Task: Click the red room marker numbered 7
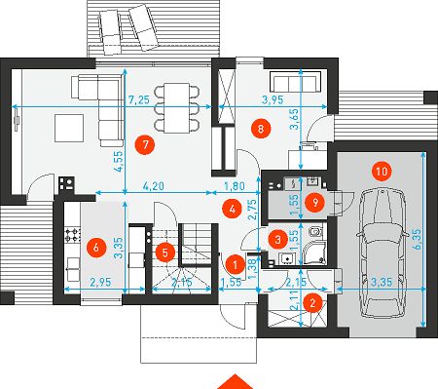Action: click(x=145, y=144)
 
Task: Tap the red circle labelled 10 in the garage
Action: click(x=382, y=171)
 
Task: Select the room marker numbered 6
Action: click(x=96, y=248)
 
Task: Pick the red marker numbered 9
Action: click(x=314, y=202)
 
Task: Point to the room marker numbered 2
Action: click(x=312, y=303)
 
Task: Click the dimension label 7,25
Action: click(x=139, y=99)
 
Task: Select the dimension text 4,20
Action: click(x=154, y=186)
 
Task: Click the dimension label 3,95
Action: click(x=273, y=99)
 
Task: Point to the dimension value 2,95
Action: click(x=100, y=282)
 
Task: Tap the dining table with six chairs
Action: click(x=177, y=107)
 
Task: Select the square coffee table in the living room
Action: click(x=69, y=128)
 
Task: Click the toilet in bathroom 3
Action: click(x=315, y=232)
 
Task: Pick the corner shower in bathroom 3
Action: click(x=313, y=253)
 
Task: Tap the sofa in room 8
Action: click(x=295, y=82)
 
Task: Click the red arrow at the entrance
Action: click(x=235, y=382)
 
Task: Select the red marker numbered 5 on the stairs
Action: click(x=165, y=253)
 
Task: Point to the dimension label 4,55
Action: click(x=119, y=161)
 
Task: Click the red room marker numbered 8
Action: click(x=261, y=129)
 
